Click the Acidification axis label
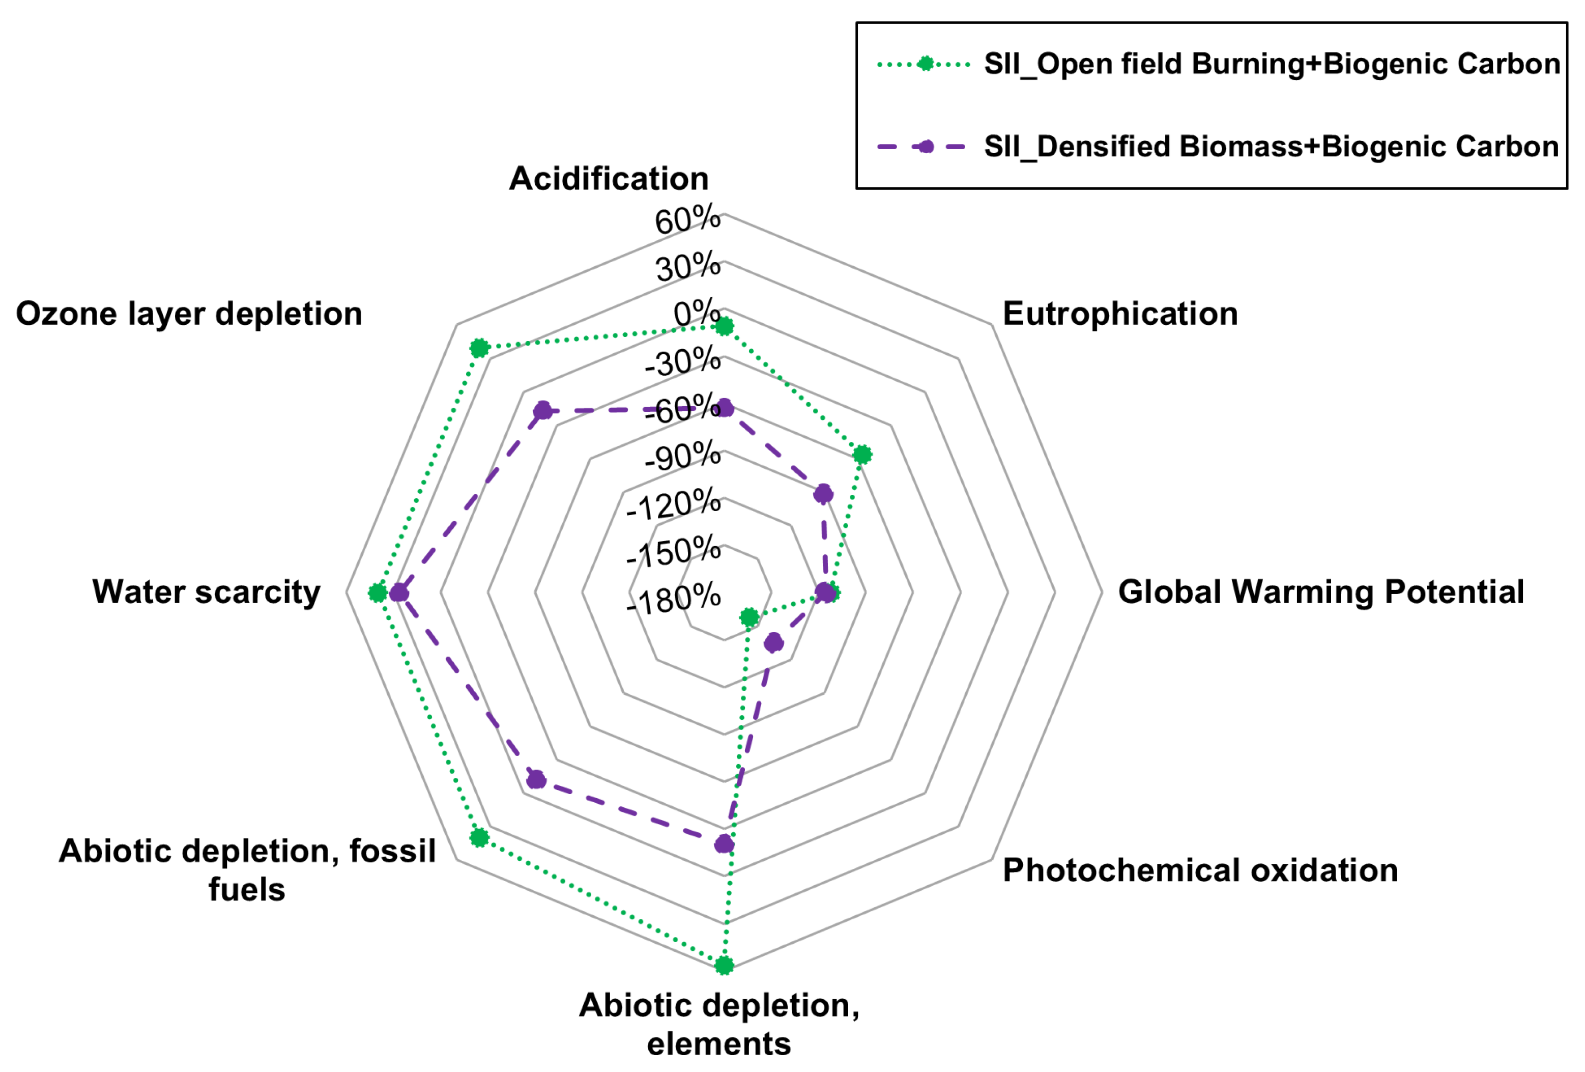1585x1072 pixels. click(609, 179)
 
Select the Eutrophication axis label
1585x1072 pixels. click(1120, 314)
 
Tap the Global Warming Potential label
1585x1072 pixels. click(1321, 591)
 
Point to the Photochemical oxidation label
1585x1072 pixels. click(1200, 870)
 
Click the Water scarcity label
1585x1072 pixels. click(206, 591)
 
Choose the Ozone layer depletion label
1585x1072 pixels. click(189, 314)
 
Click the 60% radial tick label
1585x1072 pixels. click(687, 220)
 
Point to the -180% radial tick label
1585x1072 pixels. click(673, 599)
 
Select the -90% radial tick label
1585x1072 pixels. click(682, 456)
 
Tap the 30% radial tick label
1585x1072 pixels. click(688, 267)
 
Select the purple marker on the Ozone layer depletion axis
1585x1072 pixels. click(543, 411)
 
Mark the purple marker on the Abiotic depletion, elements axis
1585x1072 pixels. click(724, 844)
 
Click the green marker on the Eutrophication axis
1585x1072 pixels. click(863, 455)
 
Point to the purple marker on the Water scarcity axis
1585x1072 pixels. click(398, 593)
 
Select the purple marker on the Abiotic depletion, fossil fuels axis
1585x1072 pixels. click(536, 779)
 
